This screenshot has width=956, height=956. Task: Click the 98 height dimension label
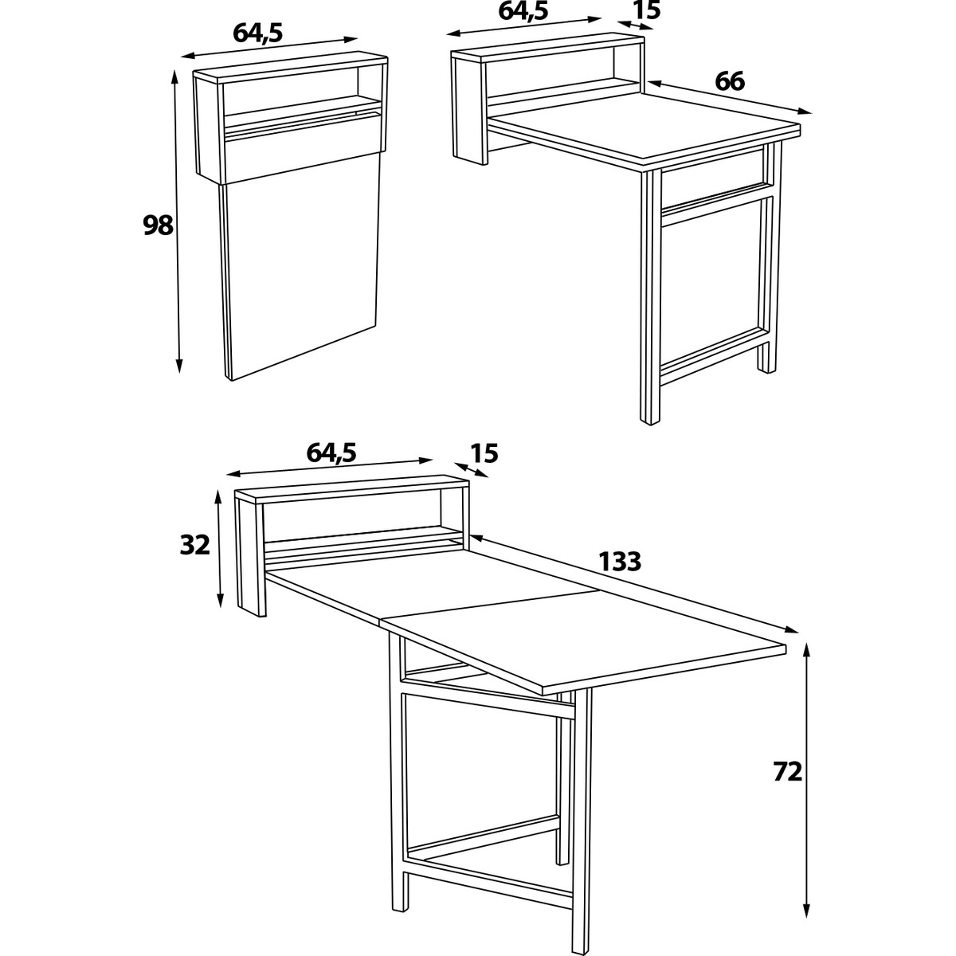point(158,225)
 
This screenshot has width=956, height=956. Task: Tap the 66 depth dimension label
point(730,81)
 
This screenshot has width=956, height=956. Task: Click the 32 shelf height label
point(195,545)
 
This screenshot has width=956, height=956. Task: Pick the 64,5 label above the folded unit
point(257,33)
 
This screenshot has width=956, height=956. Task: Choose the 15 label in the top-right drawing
point(647,10)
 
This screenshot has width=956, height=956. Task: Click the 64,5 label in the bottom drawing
point(331,453)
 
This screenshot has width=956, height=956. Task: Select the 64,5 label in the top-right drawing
point(523,11)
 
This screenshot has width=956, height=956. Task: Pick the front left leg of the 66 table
point(651,298)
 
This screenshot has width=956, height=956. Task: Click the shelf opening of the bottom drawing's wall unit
point(351,519)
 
